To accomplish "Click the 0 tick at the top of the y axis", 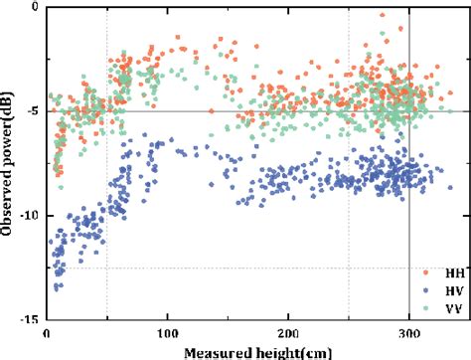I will (x=36, y=7).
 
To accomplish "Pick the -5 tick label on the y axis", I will (x=32, y=111).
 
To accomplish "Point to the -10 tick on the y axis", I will (x=29, y=216).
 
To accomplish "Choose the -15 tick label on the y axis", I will (x=29, y=319).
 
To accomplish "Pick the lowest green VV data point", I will (x=62, y=187).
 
